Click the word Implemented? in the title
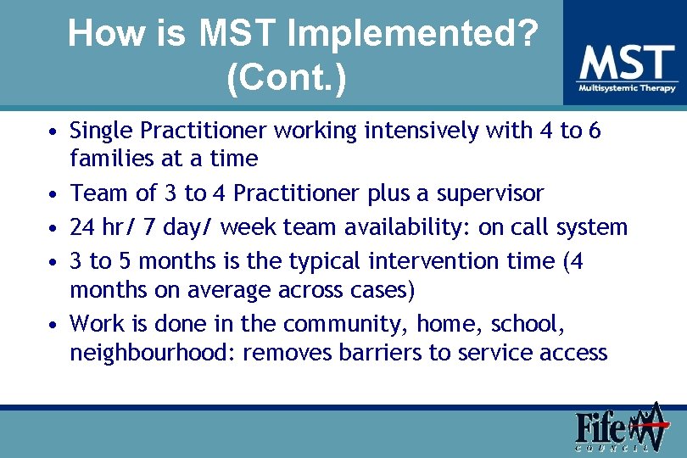pyautogui.click(x=413, y=35)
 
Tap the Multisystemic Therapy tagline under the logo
pyautogui.click(x=628, y=88)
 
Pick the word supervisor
pyautogui.click(x=489, y=193)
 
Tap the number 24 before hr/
pyautogui.click(x=82, y=227)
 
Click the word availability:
pyautogui.click(x=399, y=227)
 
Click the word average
pyautogui.click(x=233, y=290)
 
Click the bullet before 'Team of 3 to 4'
pyautogui.click(x=53, y=195)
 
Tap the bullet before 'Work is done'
pyautogui.click(x=53, y=326)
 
